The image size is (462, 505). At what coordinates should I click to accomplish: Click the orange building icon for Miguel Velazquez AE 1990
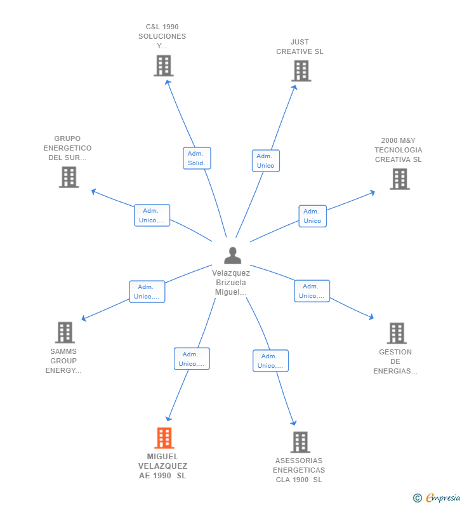tap(164, 438)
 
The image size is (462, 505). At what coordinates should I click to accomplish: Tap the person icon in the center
tap(232, 255)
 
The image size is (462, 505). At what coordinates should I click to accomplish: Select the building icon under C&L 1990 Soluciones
tap(163, 65)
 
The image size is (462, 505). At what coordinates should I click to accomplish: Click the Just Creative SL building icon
tap(301, 71)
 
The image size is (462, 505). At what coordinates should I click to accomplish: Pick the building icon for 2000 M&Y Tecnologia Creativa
tap(399, 179)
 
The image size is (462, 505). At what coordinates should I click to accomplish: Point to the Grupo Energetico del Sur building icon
tap(69, 177)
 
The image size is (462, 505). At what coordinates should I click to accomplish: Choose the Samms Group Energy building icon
tap(64, 332)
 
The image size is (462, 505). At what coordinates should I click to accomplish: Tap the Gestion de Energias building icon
tap(396, 333)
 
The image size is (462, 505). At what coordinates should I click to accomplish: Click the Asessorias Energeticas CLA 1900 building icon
tap(300, 441)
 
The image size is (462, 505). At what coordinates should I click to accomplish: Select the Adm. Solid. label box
tap(196, 158)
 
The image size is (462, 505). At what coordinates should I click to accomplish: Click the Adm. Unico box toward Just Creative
tap(265, 161)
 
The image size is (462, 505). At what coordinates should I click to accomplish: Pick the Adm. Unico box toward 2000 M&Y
tap(312, 216)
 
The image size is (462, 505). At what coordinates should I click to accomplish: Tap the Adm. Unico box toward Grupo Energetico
tap(152, 216)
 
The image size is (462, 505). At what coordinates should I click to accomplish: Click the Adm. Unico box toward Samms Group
tap(147, 292)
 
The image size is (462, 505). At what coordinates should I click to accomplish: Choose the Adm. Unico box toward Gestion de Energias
tap(312, 291)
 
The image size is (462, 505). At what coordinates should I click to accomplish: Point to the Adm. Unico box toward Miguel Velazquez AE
tap(192, 359)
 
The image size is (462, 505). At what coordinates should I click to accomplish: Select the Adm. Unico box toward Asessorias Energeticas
tap(270, 361)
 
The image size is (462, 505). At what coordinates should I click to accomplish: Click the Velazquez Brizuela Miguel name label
tap(231, 283)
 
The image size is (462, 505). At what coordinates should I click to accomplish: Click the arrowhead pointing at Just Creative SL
tap(295, 88)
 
